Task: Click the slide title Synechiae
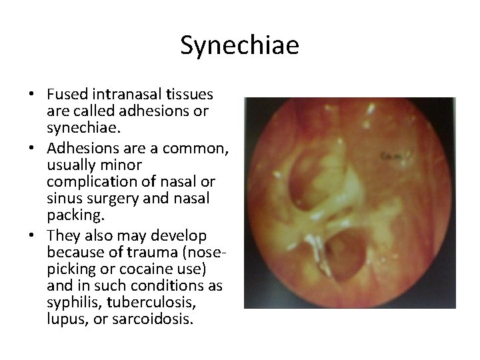tap(240, 45)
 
